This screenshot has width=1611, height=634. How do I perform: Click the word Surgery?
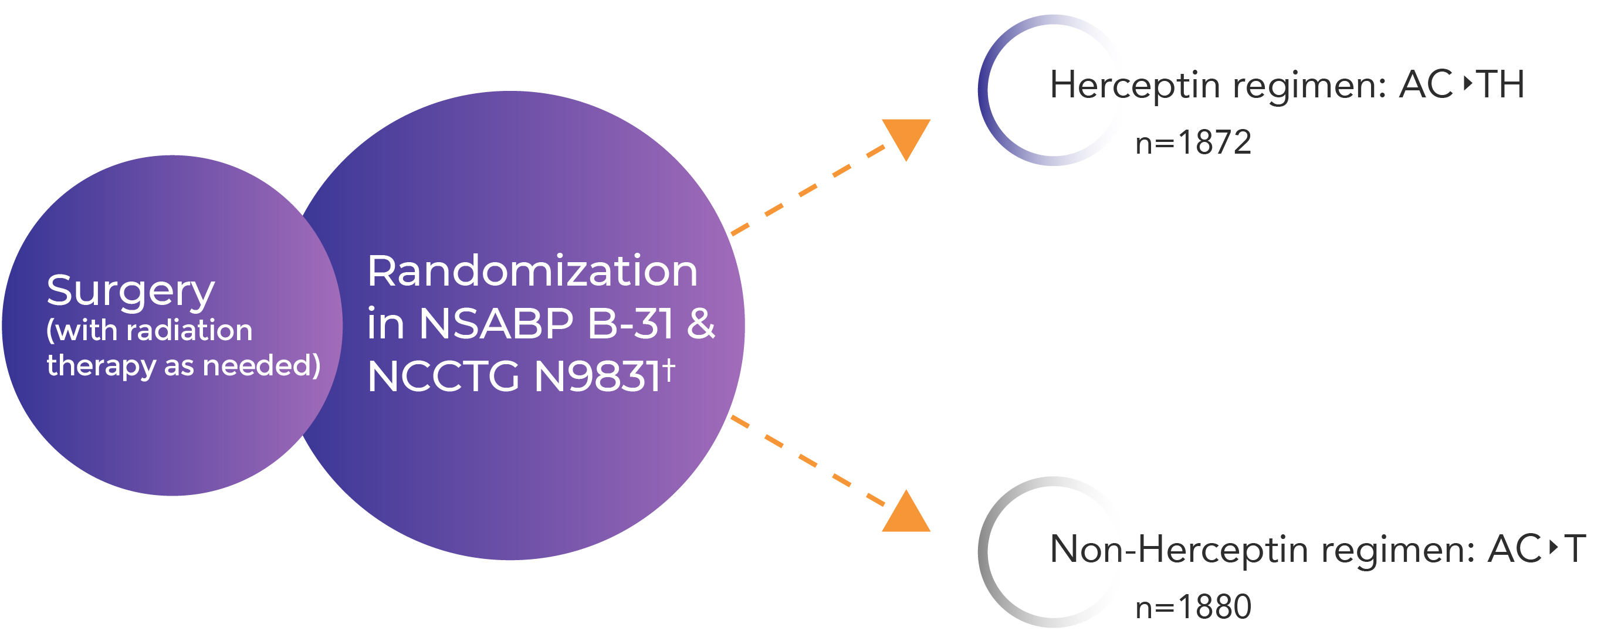130,291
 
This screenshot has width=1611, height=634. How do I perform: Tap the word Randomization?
532,272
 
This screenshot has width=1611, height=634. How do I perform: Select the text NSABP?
495,324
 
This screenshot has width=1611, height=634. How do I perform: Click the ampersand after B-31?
700,324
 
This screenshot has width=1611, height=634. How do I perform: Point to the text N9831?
597,377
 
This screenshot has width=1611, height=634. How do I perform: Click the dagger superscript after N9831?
669,369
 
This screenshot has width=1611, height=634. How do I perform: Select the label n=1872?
1193,143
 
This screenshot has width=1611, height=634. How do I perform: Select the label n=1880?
1193,607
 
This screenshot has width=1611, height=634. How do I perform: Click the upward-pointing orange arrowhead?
906,514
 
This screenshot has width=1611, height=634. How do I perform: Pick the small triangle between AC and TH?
1467,83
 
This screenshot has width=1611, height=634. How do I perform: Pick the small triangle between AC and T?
1553,547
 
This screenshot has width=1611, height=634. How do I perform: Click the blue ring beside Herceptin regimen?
984,91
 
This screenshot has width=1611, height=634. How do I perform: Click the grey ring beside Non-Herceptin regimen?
984,552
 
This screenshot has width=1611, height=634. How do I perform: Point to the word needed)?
262,365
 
